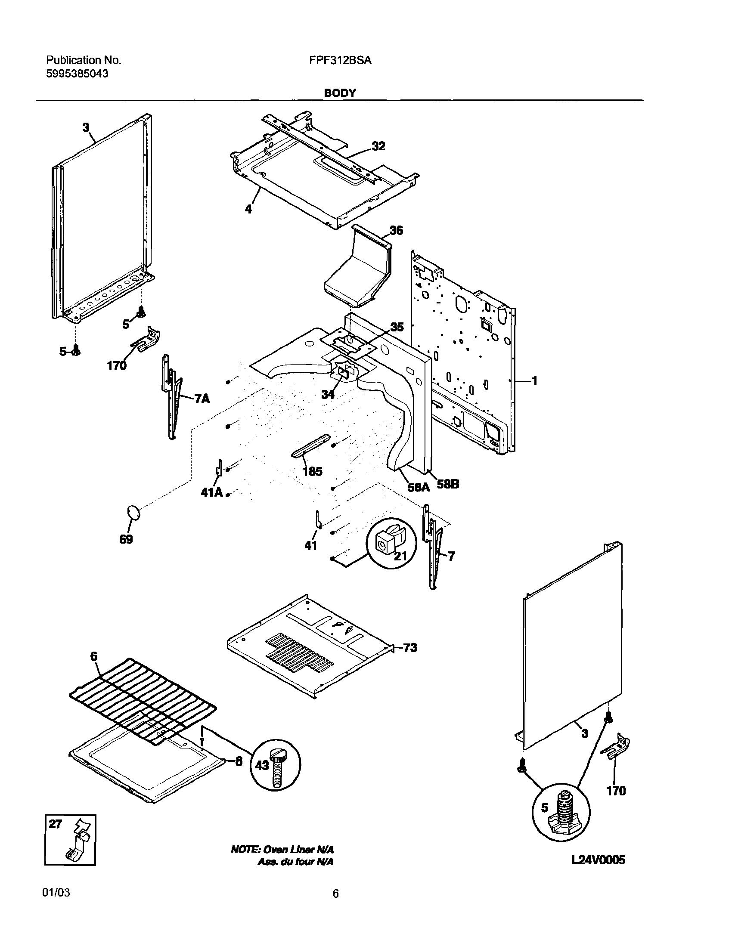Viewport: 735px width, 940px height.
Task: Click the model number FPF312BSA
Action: [x=340, y=61]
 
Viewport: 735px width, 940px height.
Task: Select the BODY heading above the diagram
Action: [x=340, y=93]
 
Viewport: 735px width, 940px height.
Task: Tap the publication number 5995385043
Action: [x=77, y=74]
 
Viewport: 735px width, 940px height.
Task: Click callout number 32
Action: [x=378, y=146]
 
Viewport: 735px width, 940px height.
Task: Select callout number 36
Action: [x=396, y=231]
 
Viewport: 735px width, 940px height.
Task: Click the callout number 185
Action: [x=312, y=471]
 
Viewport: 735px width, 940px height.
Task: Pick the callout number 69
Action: [x=126, y=539]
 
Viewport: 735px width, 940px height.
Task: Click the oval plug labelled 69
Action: [x=134, y=513]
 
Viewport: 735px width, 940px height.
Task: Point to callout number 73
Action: [x=410, y=659]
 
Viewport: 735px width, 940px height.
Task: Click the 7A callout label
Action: [x=202, y=399]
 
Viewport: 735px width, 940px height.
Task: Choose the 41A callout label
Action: [x=211, y=492]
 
